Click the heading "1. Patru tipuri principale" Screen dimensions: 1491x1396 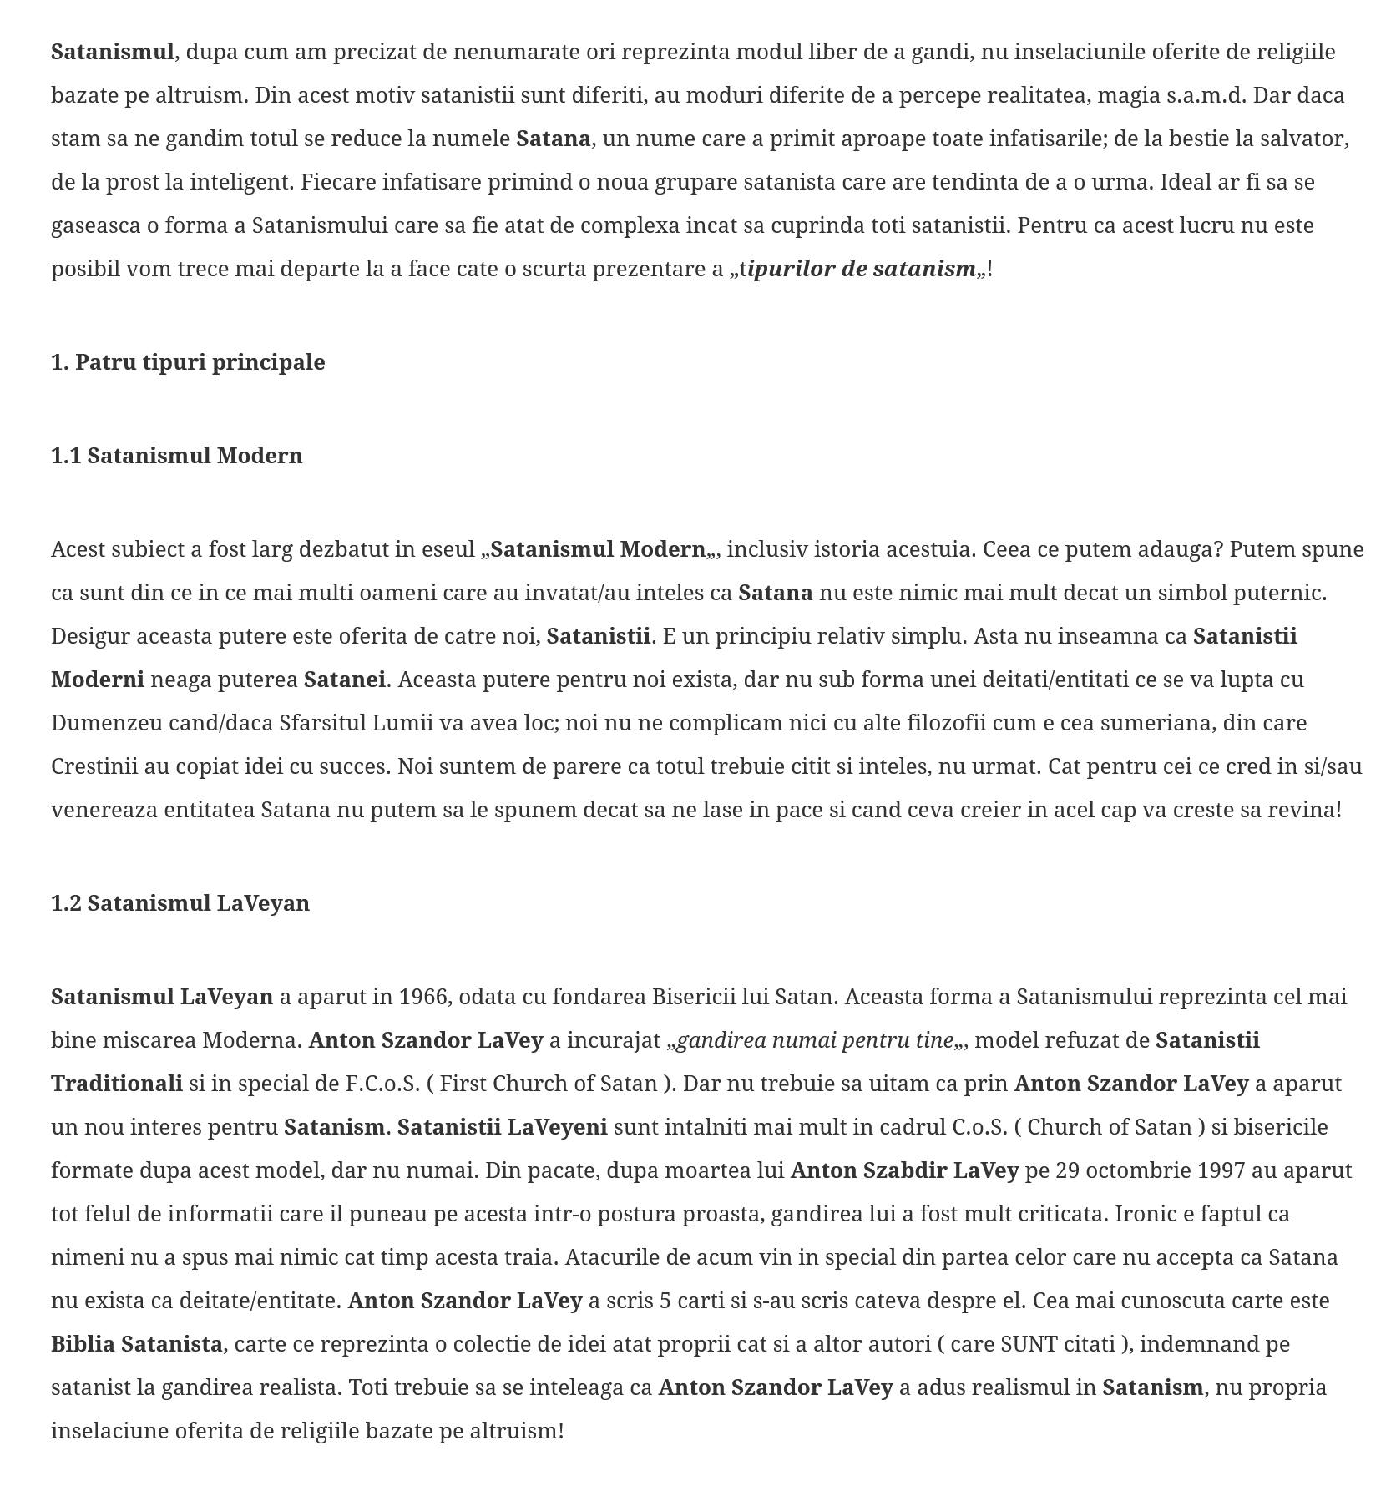click(x=188, y=362)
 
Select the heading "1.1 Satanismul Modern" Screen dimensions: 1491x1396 click(x=177, y=456)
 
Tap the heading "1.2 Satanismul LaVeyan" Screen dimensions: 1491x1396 click(x=180, y=903)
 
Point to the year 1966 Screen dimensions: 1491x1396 click(x=423, y=997)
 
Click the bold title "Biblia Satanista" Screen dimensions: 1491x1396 click(x=137, y=1344)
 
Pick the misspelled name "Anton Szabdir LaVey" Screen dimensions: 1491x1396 click(x=904, y=1170)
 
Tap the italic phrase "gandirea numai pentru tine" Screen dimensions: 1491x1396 click(x=815, y=1040)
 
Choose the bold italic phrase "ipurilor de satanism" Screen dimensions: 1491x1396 click(x=863, y=269)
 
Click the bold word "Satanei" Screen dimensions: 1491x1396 click(x=344, y=680)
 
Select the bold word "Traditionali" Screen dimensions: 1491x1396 click(x=117, y=1084)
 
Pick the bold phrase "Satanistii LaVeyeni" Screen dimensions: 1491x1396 click(x=502, y=1127)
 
